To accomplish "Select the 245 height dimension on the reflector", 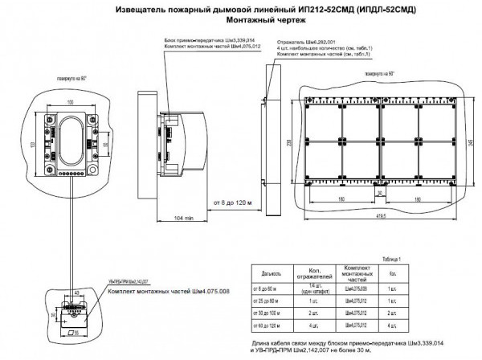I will pos(464,141).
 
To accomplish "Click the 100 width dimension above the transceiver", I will pos(71,102).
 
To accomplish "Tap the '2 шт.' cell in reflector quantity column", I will pos(316,313).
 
